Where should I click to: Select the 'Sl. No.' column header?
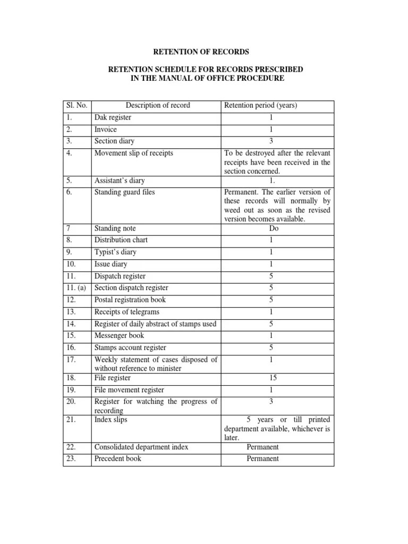(76, 105)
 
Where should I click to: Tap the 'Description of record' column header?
(157, 105)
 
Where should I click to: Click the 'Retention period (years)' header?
(261, 105)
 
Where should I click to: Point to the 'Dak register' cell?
(113, 117)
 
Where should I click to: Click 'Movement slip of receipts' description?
(133, 153)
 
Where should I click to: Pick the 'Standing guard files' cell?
(124, 192)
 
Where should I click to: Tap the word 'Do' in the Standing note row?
(274, 228)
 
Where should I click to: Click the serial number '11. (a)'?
(77, 288)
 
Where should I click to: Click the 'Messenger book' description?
(119, 335)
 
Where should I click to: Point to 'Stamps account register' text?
(130, 347)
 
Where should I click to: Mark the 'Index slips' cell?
(110, 420)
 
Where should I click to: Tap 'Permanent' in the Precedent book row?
(262, 458)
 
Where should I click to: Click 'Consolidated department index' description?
(141, 447)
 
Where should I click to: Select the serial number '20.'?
(72, 402)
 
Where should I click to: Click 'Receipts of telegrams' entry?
(126, 312)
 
